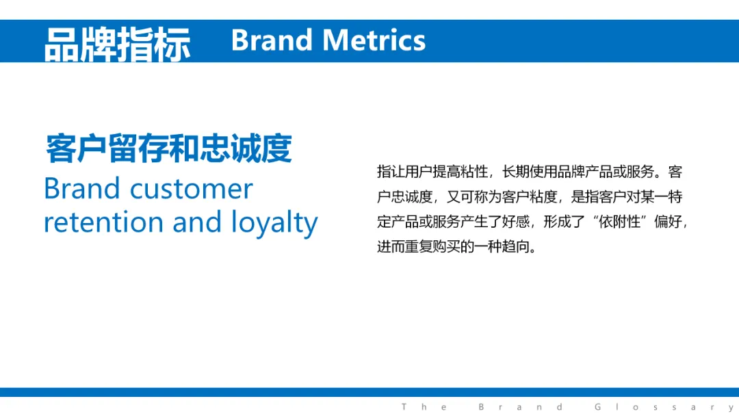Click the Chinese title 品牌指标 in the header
(118, 44)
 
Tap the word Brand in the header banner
(272, 40)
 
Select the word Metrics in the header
(374, 40)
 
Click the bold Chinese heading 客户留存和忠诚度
(169, 148)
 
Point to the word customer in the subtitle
(192, 189)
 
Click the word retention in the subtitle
(103, 222)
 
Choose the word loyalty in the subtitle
(274, 223)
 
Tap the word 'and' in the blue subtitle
(197, 222)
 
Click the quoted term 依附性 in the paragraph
(620, 222)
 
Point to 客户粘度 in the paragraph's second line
(530, 196)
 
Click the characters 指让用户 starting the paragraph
(405, 172)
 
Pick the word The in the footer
(424, 406)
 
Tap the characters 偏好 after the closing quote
(668, 222)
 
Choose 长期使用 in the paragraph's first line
(530, 172)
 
